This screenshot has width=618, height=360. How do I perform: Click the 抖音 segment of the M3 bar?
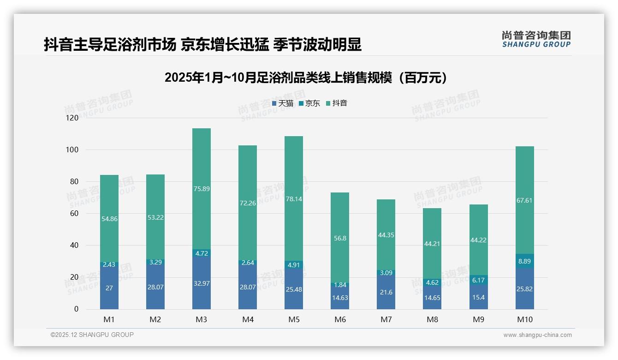tap(202, 189)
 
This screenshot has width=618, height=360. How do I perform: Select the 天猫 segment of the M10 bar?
tap(525, 289)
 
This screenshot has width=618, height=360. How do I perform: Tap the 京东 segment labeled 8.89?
tap(525, 261)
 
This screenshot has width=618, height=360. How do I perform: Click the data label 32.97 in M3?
tap(202, 283)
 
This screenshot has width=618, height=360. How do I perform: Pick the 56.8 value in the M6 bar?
tap(340, 238)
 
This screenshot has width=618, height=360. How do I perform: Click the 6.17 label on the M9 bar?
tap(479, 280)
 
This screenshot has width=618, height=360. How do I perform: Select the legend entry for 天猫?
tap(282, 103)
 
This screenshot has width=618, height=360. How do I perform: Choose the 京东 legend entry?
tap(309, 103)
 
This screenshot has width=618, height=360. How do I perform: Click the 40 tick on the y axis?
tap(74, 246)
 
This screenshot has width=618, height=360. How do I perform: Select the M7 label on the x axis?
tap(386, 319)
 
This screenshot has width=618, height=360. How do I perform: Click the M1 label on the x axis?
tap(109, 319)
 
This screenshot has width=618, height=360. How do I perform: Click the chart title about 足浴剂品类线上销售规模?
tap(306, 78)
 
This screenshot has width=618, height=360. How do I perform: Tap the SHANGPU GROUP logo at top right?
tap(536, 39)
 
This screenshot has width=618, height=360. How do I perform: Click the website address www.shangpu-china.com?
tap(537, 335)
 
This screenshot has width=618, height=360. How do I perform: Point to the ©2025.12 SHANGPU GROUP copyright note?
tap(92, 335)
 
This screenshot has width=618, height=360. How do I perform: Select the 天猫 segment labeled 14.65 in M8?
tap(432, 298)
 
